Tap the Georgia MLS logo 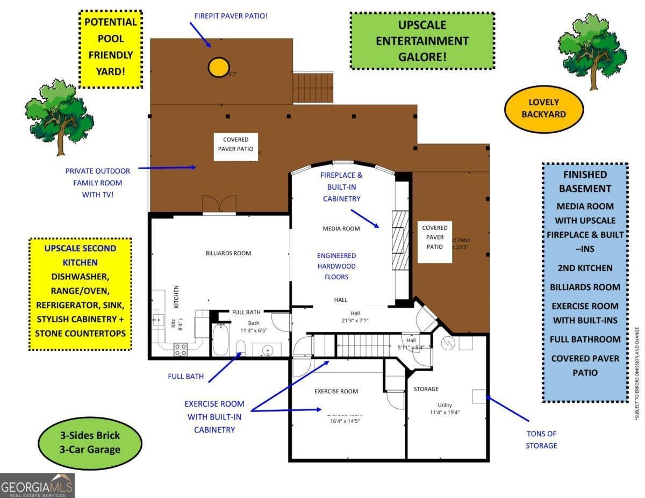[x=37, y=486]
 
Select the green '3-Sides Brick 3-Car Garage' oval [x=90, y=442]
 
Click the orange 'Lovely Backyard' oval [x=543, y=108]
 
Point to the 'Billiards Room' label [x=228, y=253]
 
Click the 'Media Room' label [x=341, y=228]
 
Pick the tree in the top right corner [x=592, y=44]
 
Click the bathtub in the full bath [x=220, y=340]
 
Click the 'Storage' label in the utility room [x=426, y=388]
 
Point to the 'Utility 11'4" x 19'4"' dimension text [x=445, y=409]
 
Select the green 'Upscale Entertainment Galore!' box [x=422, y=41]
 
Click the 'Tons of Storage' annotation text [x=541, y=439]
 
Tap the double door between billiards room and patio [x=219, y=205]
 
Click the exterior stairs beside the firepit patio [x=313, y=88]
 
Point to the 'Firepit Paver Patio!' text [x=231, y=16]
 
